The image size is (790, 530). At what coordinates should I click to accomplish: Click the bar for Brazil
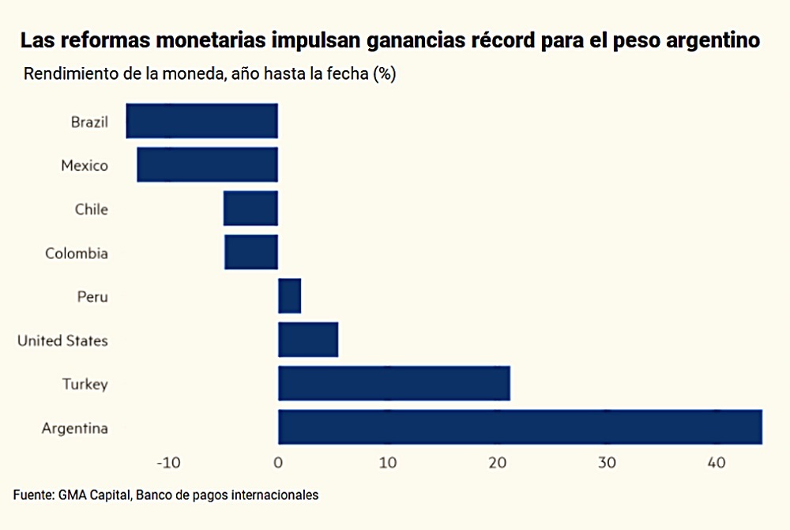coord(202,121)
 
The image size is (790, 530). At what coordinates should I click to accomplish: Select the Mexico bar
coord(207,165)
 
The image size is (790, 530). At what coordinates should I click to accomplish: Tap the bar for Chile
coord(250,209)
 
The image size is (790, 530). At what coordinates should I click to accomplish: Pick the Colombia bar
coord(251,252)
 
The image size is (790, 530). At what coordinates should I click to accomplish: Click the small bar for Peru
coord(289,296)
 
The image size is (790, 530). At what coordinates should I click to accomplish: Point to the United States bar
coord(308,340)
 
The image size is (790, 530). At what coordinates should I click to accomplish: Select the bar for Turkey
coord(394,384)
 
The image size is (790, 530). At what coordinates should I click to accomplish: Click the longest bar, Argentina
coord(520,427)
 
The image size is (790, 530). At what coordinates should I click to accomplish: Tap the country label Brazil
coord(89,122)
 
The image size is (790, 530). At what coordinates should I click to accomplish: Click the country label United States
coord(62,340)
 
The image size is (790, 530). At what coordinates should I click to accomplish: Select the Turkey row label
coord(85,385)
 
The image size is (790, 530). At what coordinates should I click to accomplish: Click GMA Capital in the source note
coord(93,495)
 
